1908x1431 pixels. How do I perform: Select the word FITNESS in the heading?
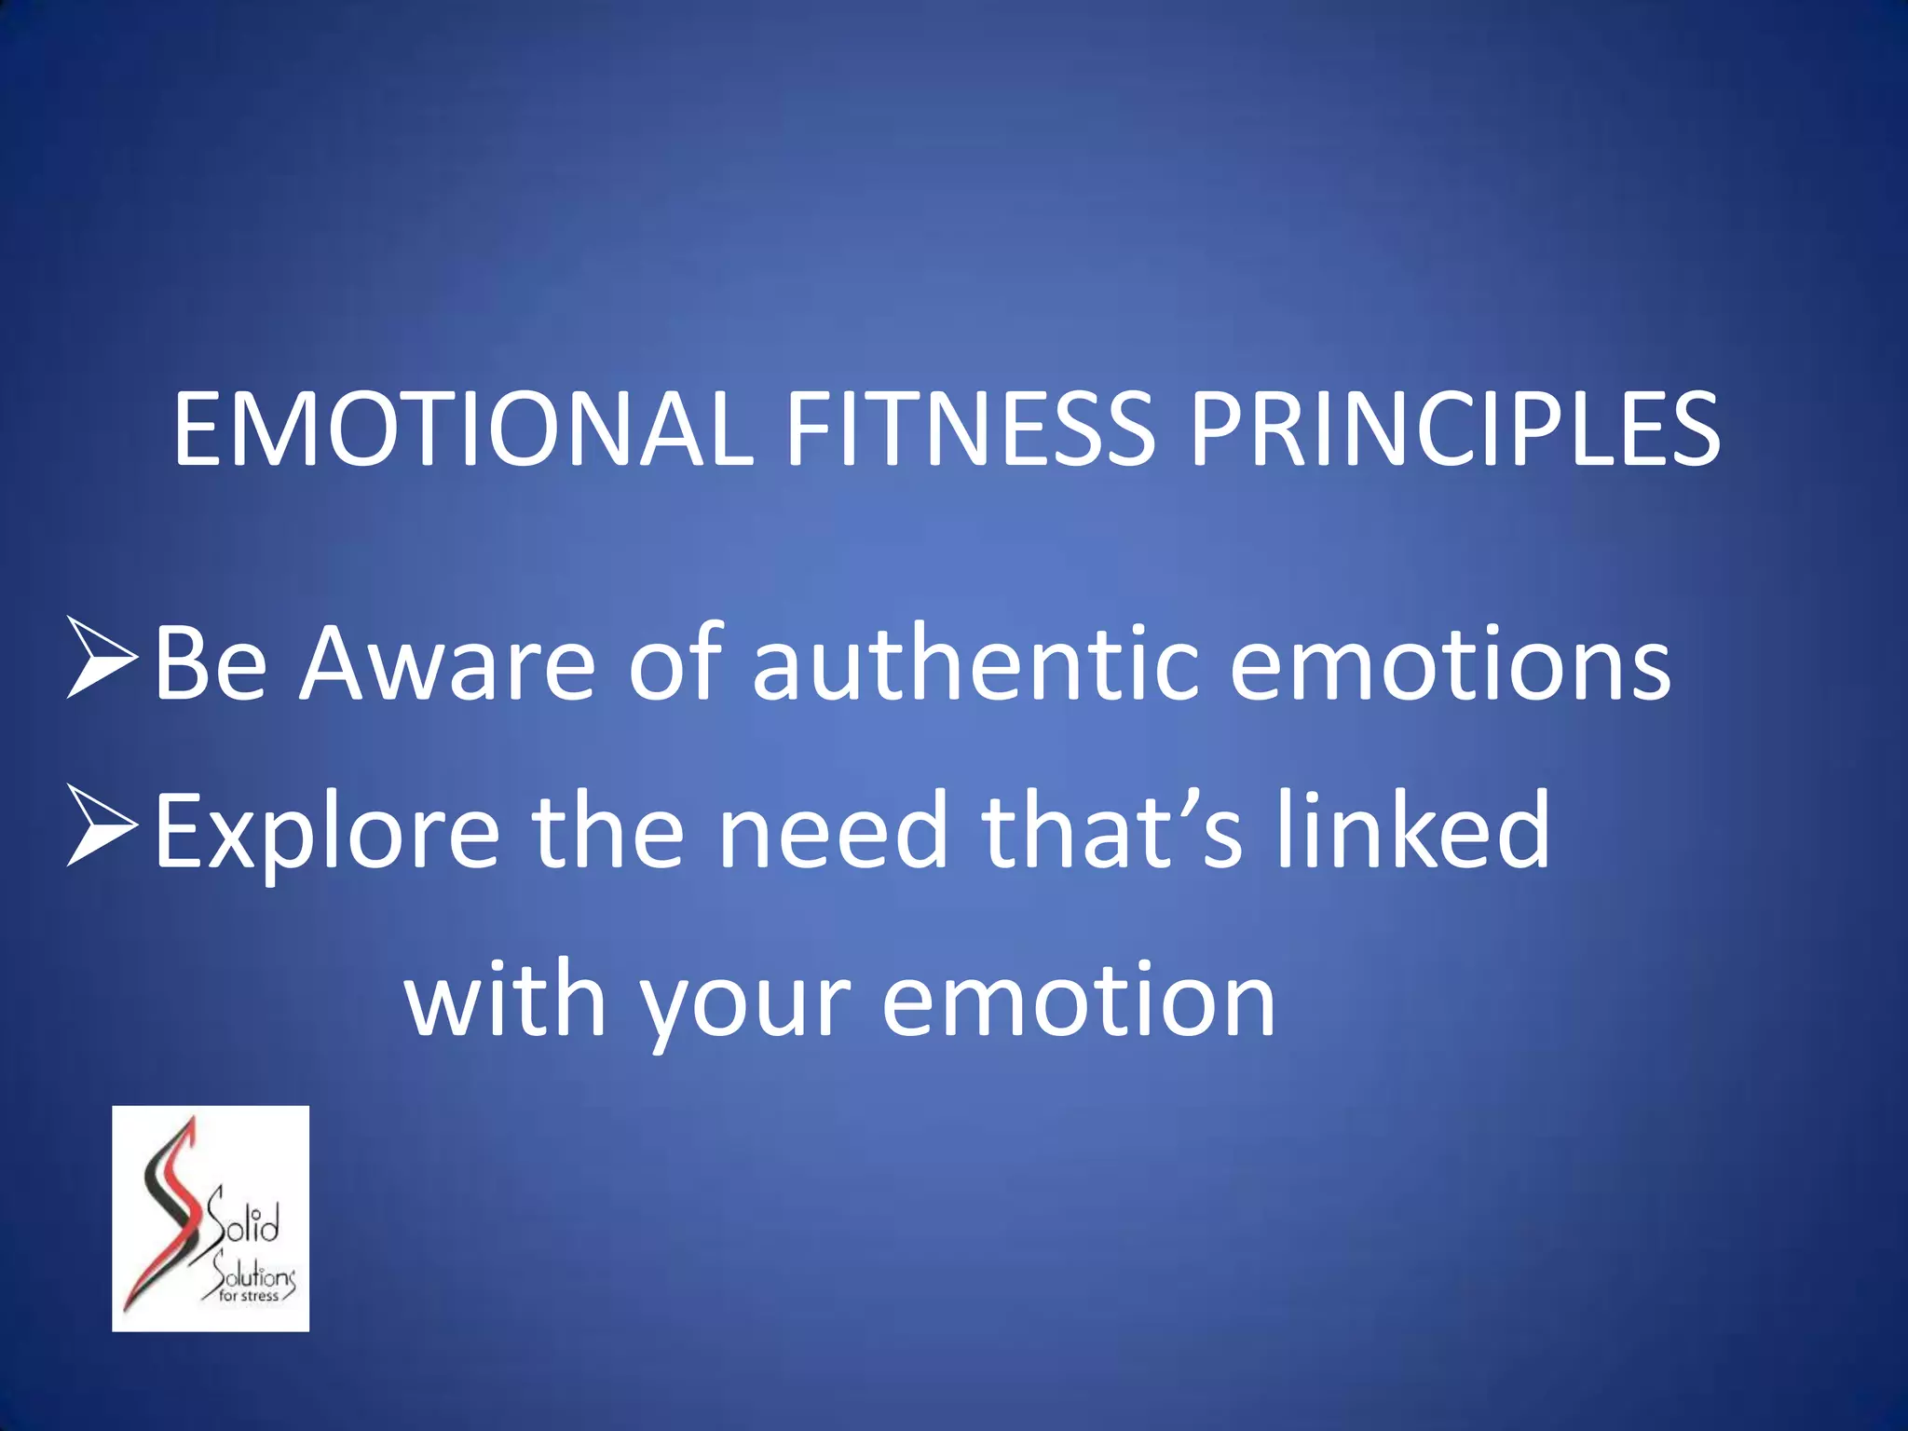970,429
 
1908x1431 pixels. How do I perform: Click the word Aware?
446,663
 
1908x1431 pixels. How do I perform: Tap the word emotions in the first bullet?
1450,663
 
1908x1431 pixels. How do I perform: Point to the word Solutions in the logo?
252,1272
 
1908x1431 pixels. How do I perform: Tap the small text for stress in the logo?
249,1296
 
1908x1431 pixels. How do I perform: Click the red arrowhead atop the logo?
191,1130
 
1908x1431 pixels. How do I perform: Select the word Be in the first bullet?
211,663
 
